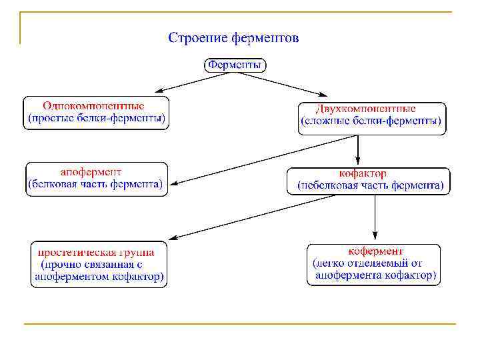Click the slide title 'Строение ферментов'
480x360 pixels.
233,37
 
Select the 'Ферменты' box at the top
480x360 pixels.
235,65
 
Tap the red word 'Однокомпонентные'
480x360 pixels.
94,105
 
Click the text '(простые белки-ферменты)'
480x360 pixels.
96,119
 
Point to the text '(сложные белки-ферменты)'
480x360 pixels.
371,122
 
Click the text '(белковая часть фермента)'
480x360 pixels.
95,184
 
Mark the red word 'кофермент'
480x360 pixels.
375,251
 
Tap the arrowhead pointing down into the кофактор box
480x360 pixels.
358,162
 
